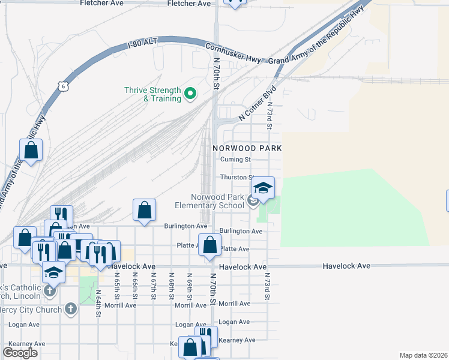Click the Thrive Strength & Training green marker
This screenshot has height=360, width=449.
tap(190, 93)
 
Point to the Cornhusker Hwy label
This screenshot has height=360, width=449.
tap(235, 53)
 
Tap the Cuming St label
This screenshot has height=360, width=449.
tap(235, 160)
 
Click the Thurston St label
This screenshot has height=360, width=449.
tap(234, 178)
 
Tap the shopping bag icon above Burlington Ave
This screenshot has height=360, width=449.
tap(144, 211)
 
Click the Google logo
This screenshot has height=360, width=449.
tap(20, 353)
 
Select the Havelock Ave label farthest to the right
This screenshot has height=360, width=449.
tap(346, 266)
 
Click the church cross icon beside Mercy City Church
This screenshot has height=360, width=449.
tap(70, 310)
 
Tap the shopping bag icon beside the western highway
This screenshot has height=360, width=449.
tap(31, 151)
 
